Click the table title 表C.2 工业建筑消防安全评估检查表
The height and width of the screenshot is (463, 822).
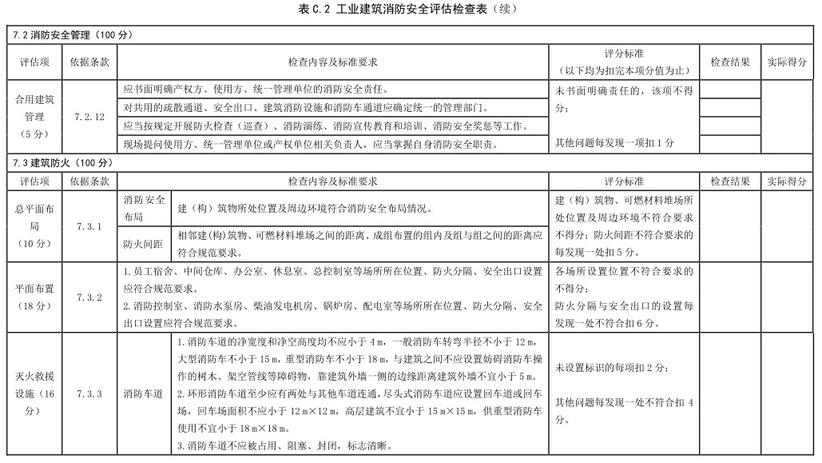408,10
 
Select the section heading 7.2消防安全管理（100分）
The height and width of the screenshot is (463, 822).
73,36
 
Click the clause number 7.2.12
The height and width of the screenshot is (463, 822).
89,117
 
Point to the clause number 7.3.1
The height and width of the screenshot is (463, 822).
89,226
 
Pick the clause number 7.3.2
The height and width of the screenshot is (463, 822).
89,297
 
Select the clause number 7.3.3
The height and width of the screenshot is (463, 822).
89,393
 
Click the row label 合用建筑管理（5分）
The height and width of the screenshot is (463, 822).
34,117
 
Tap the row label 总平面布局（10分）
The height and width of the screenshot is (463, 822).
34,226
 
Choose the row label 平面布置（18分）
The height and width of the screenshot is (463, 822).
34,297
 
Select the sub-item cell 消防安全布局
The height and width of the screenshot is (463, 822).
144,208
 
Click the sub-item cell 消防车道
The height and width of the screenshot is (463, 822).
144,393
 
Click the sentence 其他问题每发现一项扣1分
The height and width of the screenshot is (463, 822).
614,143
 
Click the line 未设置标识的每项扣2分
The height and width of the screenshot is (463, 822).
612,367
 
